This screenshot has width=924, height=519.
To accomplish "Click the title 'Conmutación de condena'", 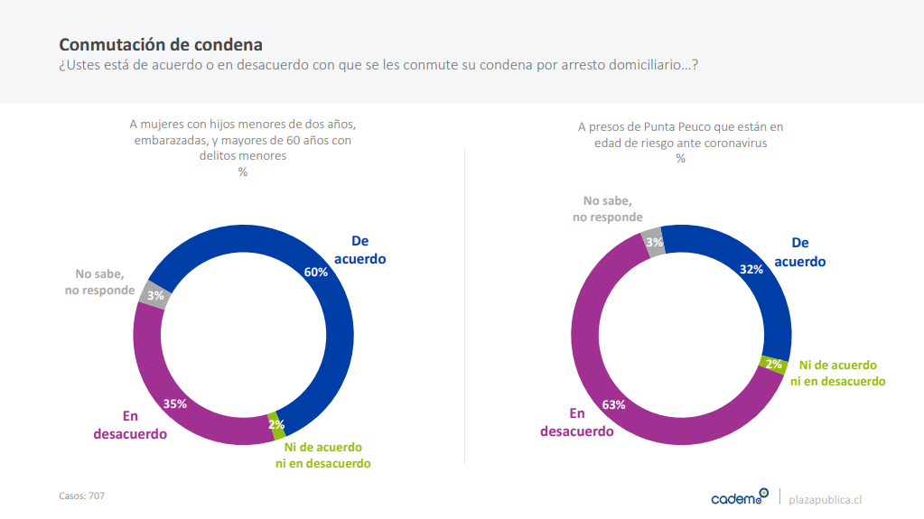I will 161,44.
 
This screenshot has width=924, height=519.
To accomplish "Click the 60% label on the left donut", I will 316,272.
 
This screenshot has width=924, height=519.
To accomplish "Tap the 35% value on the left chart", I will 175,403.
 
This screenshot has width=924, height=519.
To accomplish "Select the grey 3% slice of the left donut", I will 155,295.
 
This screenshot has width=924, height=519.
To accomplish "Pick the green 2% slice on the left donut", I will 275,424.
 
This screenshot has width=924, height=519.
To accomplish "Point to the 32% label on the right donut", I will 751,269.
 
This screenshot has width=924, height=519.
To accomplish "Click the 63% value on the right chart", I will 614,404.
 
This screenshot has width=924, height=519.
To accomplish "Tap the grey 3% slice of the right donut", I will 654,242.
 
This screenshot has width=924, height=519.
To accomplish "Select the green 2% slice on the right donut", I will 774,364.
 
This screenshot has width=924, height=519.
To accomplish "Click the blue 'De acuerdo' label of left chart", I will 360,249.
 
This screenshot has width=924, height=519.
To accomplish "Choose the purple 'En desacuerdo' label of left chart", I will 130,424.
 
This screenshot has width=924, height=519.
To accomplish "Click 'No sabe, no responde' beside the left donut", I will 99,282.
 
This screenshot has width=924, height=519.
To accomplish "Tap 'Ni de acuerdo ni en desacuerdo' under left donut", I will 323,455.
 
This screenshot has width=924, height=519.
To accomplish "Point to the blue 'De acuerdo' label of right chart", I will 799,252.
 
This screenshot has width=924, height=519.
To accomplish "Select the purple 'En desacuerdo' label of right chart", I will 577,422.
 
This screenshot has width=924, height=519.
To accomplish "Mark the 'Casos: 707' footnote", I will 82,496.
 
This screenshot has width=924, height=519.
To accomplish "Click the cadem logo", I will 739,496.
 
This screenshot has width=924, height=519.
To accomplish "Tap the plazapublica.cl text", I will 826,499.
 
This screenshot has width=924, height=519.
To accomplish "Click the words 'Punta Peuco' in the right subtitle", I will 674,127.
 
